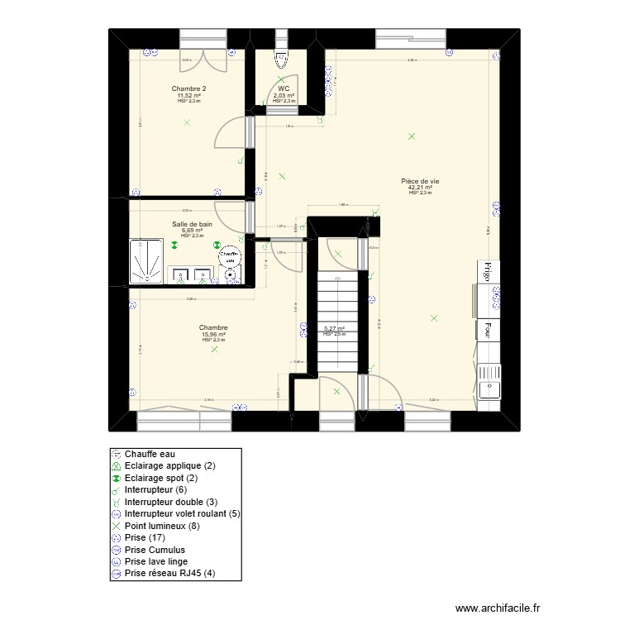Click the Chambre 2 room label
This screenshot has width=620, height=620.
188,88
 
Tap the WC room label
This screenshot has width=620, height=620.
284,88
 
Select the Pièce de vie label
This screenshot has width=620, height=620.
420,181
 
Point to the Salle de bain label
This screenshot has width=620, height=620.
192,224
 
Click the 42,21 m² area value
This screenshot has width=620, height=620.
420,188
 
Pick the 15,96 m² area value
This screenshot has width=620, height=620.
213,334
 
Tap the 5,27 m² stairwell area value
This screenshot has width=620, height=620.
334,328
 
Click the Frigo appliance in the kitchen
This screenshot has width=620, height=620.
487,272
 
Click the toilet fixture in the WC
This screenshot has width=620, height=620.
281,59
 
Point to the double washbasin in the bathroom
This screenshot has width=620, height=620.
191,274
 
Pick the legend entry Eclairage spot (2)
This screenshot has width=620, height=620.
169,478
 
